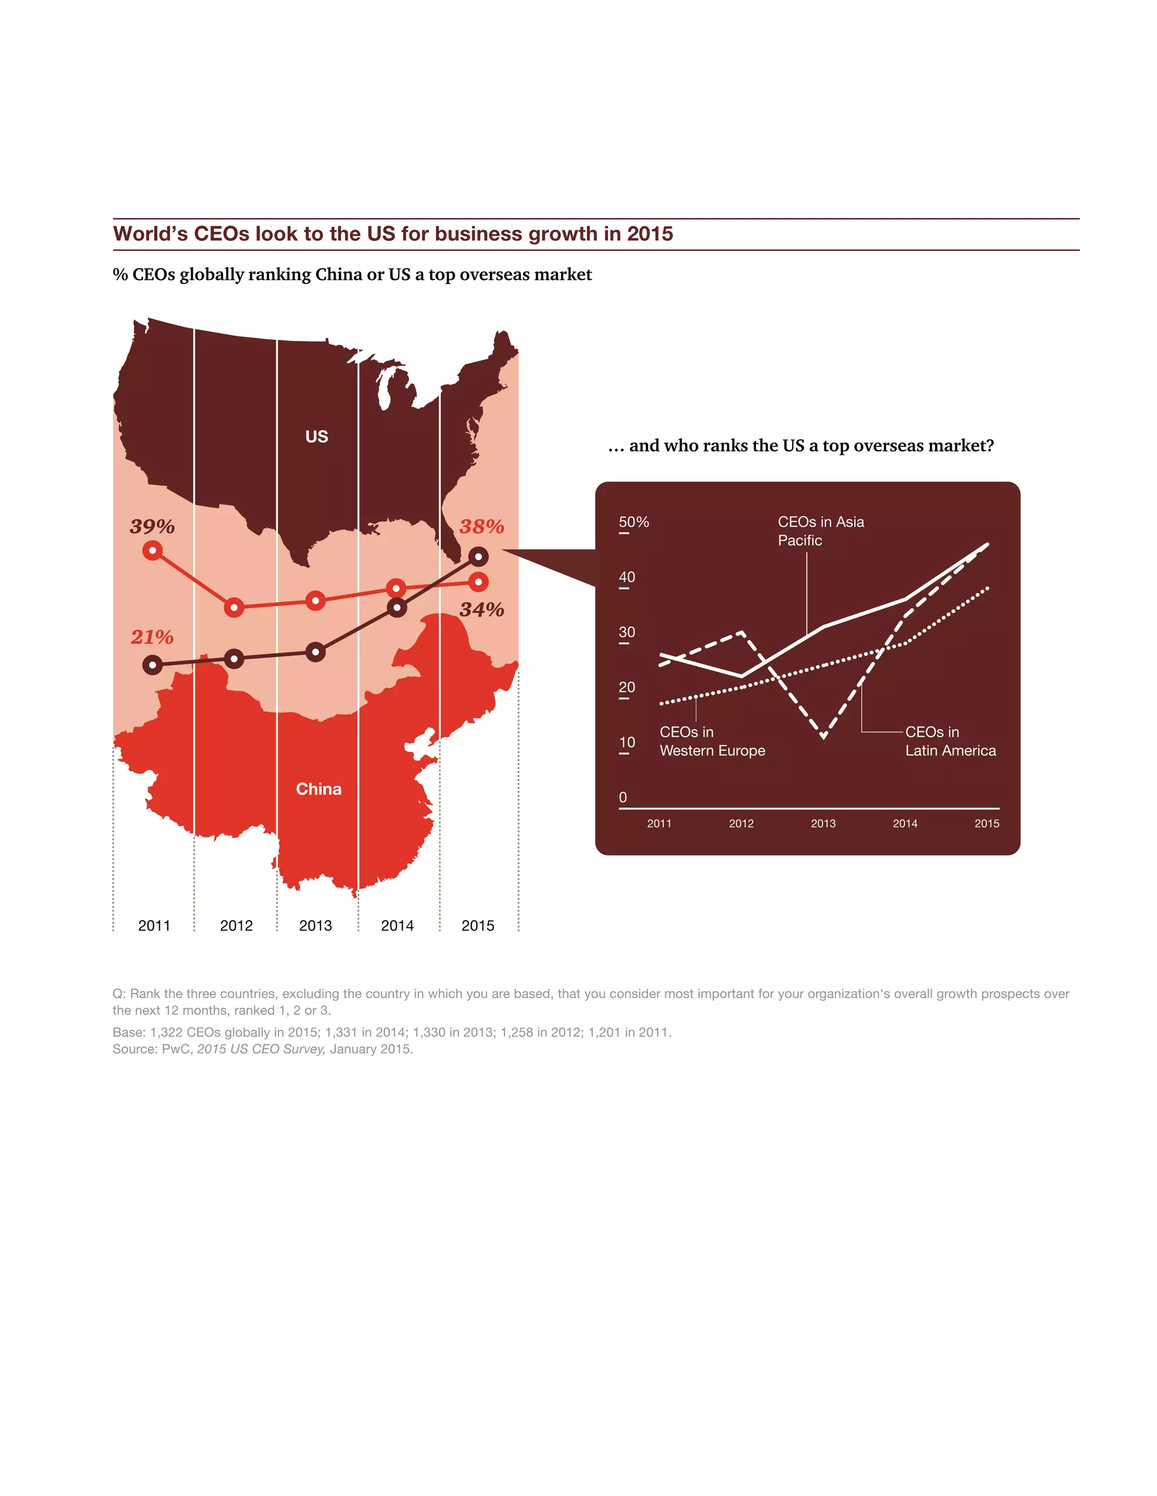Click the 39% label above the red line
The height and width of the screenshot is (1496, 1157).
[x=152, y=526]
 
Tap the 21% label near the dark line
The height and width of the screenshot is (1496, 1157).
[x=152, y=637]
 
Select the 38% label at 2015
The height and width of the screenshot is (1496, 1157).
[x=482, y=526]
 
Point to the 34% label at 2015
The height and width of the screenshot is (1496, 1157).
[x=482, y=609]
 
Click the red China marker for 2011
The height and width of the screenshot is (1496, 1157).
[x=152, y=551]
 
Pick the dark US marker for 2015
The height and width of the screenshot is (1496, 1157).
[x=479, y=556]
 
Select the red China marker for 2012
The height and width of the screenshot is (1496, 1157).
[x=234, y=607]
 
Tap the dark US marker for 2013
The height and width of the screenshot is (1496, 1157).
[x=315, y=652]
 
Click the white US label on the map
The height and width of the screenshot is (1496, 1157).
[x=317, y=436]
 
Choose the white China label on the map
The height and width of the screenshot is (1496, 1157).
[x=319, y=789]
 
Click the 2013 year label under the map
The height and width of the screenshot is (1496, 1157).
[x=315, y=925]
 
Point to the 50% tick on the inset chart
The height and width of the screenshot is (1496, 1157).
[x=633, y=522]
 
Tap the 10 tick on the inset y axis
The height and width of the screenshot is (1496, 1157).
[x=627, y=742]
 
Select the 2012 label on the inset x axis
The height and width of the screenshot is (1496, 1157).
[x=741, y=823]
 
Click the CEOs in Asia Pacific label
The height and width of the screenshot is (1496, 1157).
[x=820, y=531]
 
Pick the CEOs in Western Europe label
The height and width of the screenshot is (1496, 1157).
[x=712, y=741]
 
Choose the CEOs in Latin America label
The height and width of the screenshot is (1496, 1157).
[x=950, y=741]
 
